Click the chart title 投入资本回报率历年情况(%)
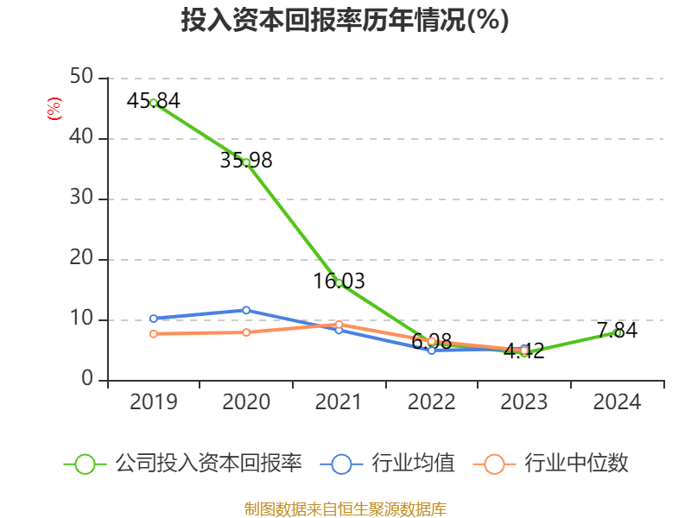(x=345, y=21)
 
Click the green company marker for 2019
(x=154, y=103)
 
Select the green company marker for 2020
(x=246, y=162)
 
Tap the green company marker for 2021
(x=339, y=283)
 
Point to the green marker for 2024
(x=618, y=332)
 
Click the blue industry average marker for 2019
(x=154, y=319)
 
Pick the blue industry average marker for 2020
(x=246, y=310)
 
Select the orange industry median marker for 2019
(x=154, y=333)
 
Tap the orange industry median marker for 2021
(x=339, y=324)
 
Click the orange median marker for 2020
(x=246, y=332)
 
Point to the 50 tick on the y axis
(x=82, y=78)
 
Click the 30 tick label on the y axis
(x=82, y=199)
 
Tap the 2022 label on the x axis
(x=431, y=402)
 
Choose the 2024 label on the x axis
(x=617, y=402)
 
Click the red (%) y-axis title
(x=54, y=110)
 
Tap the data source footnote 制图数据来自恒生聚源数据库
(x=345, y=509)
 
